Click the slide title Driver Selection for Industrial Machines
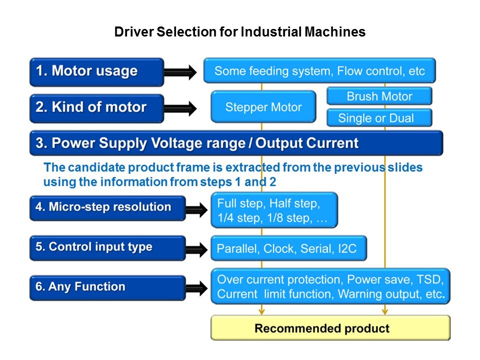click(240, 32)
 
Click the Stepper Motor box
click(263, 106)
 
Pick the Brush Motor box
click(379, 96)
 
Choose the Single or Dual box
click(379, 118)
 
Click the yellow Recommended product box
click(330, 328)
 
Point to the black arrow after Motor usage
click(181, 72)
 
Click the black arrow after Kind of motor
click(181, 108)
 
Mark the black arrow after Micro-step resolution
click(196, 209)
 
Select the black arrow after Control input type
click(196, 249)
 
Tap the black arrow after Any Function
click(196, 287)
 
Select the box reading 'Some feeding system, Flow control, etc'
click(319, 70)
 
